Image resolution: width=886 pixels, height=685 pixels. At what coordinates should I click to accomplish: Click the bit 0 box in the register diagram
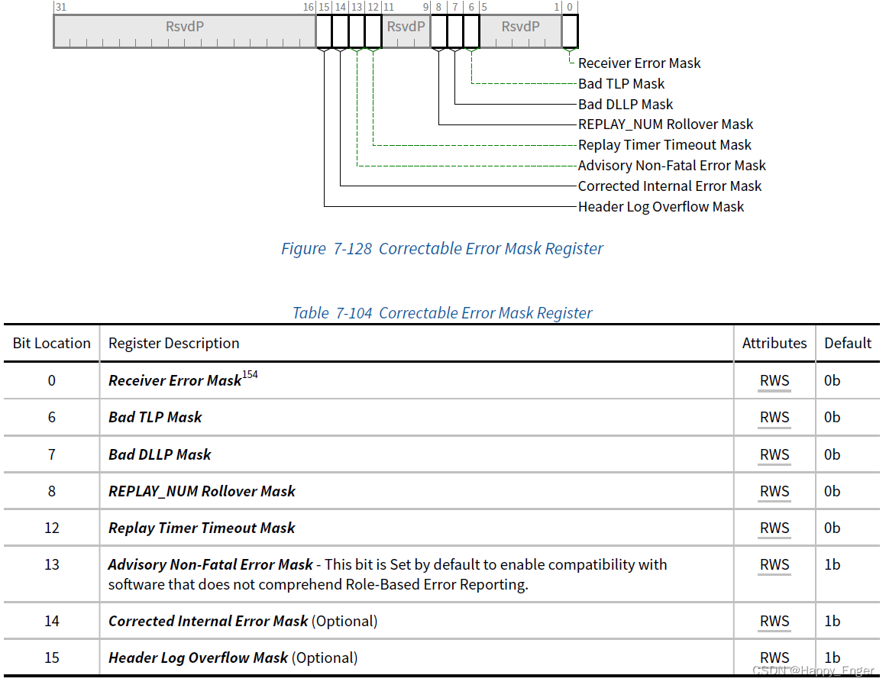[570, 31]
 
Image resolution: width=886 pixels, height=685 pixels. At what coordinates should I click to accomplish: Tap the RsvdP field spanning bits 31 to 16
[185, 27]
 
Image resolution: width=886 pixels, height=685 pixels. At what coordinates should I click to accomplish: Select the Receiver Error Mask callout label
[639, 63]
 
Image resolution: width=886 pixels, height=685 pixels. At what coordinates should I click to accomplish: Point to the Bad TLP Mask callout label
[621, 84]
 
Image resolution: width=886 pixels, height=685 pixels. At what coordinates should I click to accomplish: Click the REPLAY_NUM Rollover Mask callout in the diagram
[665, 124]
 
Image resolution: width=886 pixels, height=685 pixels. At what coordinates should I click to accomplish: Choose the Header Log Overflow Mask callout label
[661, 207]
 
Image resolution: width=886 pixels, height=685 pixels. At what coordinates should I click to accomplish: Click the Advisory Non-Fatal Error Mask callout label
[671, 166]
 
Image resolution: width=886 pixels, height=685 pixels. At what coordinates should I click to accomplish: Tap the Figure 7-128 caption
[441, 249]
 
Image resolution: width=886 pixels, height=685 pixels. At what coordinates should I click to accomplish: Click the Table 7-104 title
[441, 313]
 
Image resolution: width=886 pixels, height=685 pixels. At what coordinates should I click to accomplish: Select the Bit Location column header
[51, 344]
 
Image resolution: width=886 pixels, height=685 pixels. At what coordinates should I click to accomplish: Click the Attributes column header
[774, 344]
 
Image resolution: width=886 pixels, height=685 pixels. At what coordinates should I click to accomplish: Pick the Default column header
[847, 344]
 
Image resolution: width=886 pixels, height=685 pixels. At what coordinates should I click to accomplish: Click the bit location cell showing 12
[51, 528]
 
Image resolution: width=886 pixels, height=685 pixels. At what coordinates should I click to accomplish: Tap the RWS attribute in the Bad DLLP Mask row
[774, 455]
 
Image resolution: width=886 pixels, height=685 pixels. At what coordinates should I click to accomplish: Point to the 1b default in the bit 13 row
[832, 565]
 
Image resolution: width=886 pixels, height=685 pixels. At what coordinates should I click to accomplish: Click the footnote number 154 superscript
[250, 375]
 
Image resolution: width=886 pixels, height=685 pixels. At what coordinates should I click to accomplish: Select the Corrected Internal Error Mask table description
[209, 622]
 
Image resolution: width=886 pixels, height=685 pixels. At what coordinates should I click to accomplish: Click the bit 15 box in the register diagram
[324, 31]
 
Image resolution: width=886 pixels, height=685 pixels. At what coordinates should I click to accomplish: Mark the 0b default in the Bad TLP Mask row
[832, 418]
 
